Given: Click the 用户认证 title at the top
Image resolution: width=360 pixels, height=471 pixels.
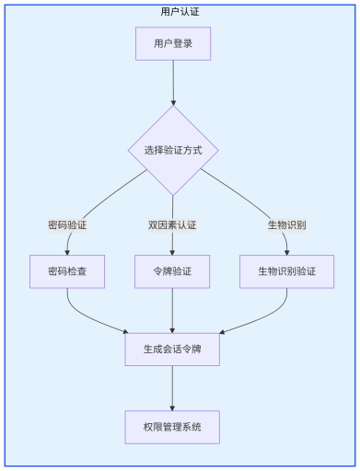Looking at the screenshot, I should click(180, 12).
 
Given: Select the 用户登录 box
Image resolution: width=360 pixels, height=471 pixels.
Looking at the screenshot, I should click(173, 43).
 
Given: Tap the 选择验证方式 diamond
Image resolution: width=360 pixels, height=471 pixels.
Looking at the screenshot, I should click(173, 150).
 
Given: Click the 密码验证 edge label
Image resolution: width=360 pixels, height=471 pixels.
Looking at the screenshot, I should click(66, 224).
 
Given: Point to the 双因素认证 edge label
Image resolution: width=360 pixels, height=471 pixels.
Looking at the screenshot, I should click(173, 224).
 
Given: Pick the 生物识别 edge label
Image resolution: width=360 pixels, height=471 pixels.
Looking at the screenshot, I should click(286, 224).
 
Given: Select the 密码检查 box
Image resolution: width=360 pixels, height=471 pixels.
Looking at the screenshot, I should click(66, 271).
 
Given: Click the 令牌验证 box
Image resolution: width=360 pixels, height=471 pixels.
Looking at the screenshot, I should click(173, 271).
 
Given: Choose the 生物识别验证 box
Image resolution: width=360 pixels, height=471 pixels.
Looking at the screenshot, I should click(286, 271).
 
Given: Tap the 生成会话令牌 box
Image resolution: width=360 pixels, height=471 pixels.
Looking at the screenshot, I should click(173, 349).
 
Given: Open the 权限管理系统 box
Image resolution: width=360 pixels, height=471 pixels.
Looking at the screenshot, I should click(173, 427).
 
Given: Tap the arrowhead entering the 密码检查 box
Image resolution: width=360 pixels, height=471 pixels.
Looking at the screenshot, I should click(66, 250).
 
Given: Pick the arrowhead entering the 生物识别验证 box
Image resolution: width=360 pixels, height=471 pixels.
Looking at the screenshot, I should click(286, 250).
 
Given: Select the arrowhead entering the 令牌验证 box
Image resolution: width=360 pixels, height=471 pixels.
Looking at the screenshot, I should click(173, 250).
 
